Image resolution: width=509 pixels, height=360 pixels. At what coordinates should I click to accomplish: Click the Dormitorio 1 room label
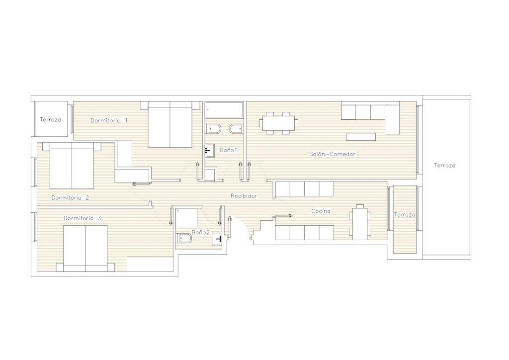(109, 120)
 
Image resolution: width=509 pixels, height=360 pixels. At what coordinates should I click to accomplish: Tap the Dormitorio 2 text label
(70, 198)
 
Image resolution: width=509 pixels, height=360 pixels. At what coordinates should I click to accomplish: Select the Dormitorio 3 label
(82, 218)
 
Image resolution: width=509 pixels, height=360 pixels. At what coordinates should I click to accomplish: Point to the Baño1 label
(228, 150)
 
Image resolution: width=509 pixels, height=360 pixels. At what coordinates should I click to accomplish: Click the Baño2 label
(200, 232)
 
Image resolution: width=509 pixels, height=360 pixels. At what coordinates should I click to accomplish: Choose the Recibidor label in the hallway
(244, 196)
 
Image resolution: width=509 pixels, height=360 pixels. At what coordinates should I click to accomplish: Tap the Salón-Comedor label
(332, 154)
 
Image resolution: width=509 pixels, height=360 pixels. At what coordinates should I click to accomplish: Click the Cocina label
(321, 211)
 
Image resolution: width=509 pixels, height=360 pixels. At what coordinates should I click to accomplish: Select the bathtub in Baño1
(224, 110)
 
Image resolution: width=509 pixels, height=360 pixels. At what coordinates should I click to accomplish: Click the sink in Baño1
(210, 151)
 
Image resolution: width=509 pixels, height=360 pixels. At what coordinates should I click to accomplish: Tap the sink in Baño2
(217, 239)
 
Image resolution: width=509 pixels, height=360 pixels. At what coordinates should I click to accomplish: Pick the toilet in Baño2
(184, 239)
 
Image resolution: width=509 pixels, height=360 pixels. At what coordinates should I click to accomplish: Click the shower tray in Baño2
(186, 218)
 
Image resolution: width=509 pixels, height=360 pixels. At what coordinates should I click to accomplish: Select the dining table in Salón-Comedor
(278, 123)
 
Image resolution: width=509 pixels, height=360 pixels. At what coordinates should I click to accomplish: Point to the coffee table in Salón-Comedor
(361, 137)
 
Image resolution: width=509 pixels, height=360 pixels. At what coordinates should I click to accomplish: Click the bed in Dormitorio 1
(170, 124)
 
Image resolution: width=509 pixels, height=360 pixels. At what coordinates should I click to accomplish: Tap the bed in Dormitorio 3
(85, 248)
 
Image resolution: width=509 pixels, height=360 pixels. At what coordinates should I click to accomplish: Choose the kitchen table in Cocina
(360, 222)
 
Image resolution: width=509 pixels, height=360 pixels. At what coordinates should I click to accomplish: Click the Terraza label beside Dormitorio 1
(50, 119)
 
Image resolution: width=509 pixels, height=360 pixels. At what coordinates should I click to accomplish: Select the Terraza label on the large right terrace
(445, 165)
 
